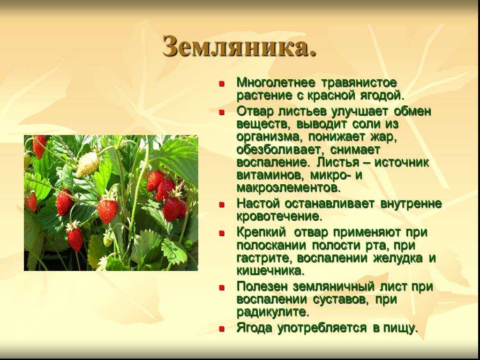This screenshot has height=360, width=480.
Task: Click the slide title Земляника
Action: (239, 46)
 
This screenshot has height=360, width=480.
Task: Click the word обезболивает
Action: (279, 150)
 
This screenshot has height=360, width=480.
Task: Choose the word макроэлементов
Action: (288, 188)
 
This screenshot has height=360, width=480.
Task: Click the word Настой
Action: (258, 203)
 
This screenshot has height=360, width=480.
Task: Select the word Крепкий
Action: (261, 232)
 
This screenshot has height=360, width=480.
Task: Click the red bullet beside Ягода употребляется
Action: (222, 329)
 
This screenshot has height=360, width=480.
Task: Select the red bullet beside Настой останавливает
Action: (222, 204)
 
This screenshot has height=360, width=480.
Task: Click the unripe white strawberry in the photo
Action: (88, 165)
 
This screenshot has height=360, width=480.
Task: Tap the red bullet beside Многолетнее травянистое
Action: (222, 83)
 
